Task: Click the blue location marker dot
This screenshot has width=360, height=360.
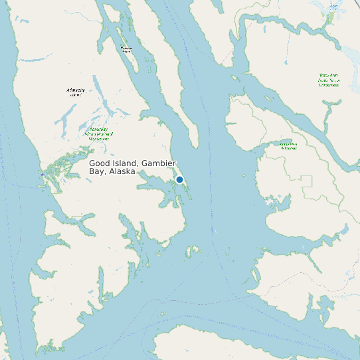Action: coord(179,180)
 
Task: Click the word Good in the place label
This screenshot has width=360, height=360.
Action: coord(98,163)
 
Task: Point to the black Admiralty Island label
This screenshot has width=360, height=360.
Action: coord(76,92)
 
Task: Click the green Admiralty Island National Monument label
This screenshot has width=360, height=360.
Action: coord(98,134)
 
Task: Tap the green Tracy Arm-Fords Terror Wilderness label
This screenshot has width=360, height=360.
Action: coord(328,80)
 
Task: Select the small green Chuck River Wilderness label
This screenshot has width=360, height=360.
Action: coord(288,145)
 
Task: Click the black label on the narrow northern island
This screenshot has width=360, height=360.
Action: coord(127,48)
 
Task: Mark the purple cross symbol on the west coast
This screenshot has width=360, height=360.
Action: coord(43,175)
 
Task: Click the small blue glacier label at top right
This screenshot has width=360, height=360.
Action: coord(333,6)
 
